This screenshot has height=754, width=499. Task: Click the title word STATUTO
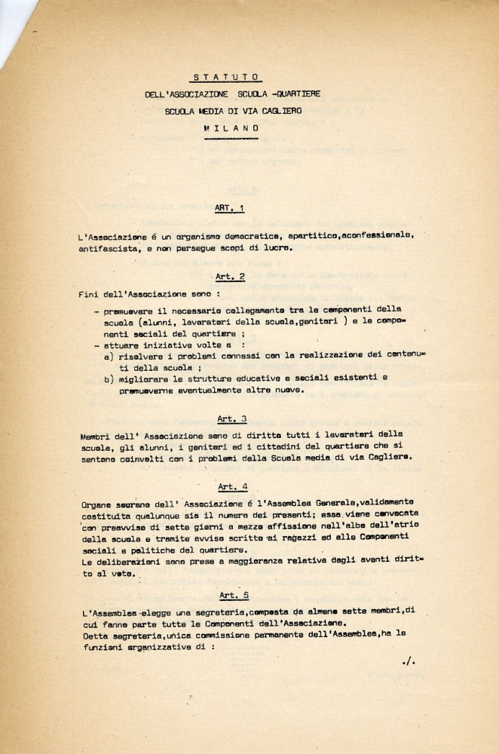pyautogui.click(x=225, y=76)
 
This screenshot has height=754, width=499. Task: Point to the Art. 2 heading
pyautogui.click(x=231, y=277)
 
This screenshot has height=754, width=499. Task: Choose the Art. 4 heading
pyautogui.click(x=232, y=487)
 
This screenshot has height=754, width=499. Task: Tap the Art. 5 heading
pyautogui.click(x=232, y=594)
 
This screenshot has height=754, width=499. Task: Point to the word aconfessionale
pyautogui.click(x=376, y=236)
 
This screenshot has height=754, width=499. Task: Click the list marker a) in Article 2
pyautogui.click(x=109, y=354)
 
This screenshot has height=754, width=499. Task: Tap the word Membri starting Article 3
pyautogui.click(x=94, y=436)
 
